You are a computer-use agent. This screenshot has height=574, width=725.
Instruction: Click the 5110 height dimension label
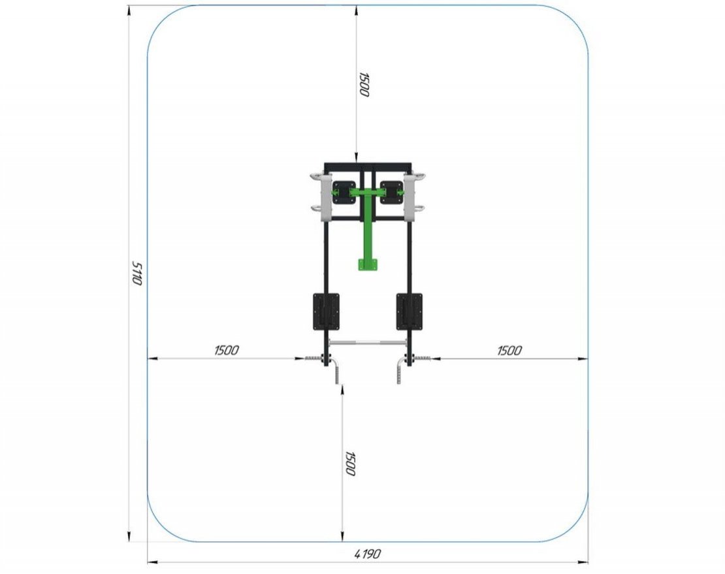tap(137, 273)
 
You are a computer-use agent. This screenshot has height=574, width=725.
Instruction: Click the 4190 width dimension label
tap(368, 553)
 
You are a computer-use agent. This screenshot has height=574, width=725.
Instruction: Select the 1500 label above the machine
tap(364, 85)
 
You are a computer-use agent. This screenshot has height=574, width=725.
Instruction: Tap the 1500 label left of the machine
tap(227, 350)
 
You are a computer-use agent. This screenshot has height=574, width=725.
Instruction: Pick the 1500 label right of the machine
tap(509, 350)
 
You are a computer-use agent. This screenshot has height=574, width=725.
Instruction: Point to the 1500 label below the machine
tap(351, 464)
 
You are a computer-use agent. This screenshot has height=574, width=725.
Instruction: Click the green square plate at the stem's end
tap(368, 264)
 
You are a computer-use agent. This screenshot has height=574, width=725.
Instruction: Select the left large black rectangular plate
tap(326, 311)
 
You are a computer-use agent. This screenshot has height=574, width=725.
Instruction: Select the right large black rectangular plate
tap(410, 311)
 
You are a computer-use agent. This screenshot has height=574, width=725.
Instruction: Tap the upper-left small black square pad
tap(344, 193)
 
